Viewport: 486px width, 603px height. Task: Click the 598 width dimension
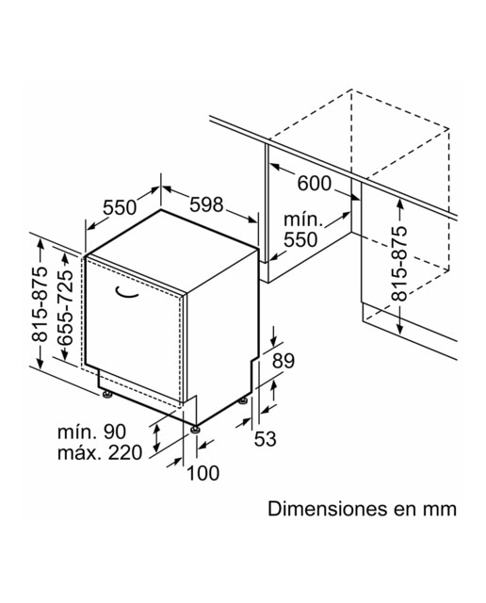(206, 204)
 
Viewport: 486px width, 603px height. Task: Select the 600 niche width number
(315, 183)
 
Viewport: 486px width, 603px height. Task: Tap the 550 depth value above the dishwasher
(120, 207)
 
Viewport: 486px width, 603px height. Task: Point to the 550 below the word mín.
(300, 239)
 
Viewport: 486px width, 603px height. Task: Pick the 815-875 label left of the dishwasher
(40, 303)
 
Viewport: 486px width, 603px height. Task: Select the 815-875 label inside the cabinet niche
(398, 264)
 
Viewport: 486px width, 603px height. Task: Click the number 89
(283, 361)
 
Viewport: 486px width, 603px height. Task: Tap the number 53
(266, 439)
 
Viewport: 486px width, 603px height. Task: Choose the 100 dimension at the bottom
(203, 473)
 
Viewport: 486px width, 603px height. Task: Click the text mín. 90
(92, 432)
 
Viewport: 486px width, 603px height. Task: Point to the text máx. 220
(100, 452)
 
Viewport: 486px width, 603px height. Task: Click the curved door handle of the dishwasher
(126, 293)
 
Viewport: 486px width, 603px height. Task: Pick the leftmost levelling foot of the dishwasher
(106, 395)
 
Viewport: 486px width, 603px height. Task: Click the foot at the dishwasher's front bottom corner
(196, 429)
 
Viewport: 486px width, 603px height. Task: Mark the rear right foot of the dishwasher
(243, 400)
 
